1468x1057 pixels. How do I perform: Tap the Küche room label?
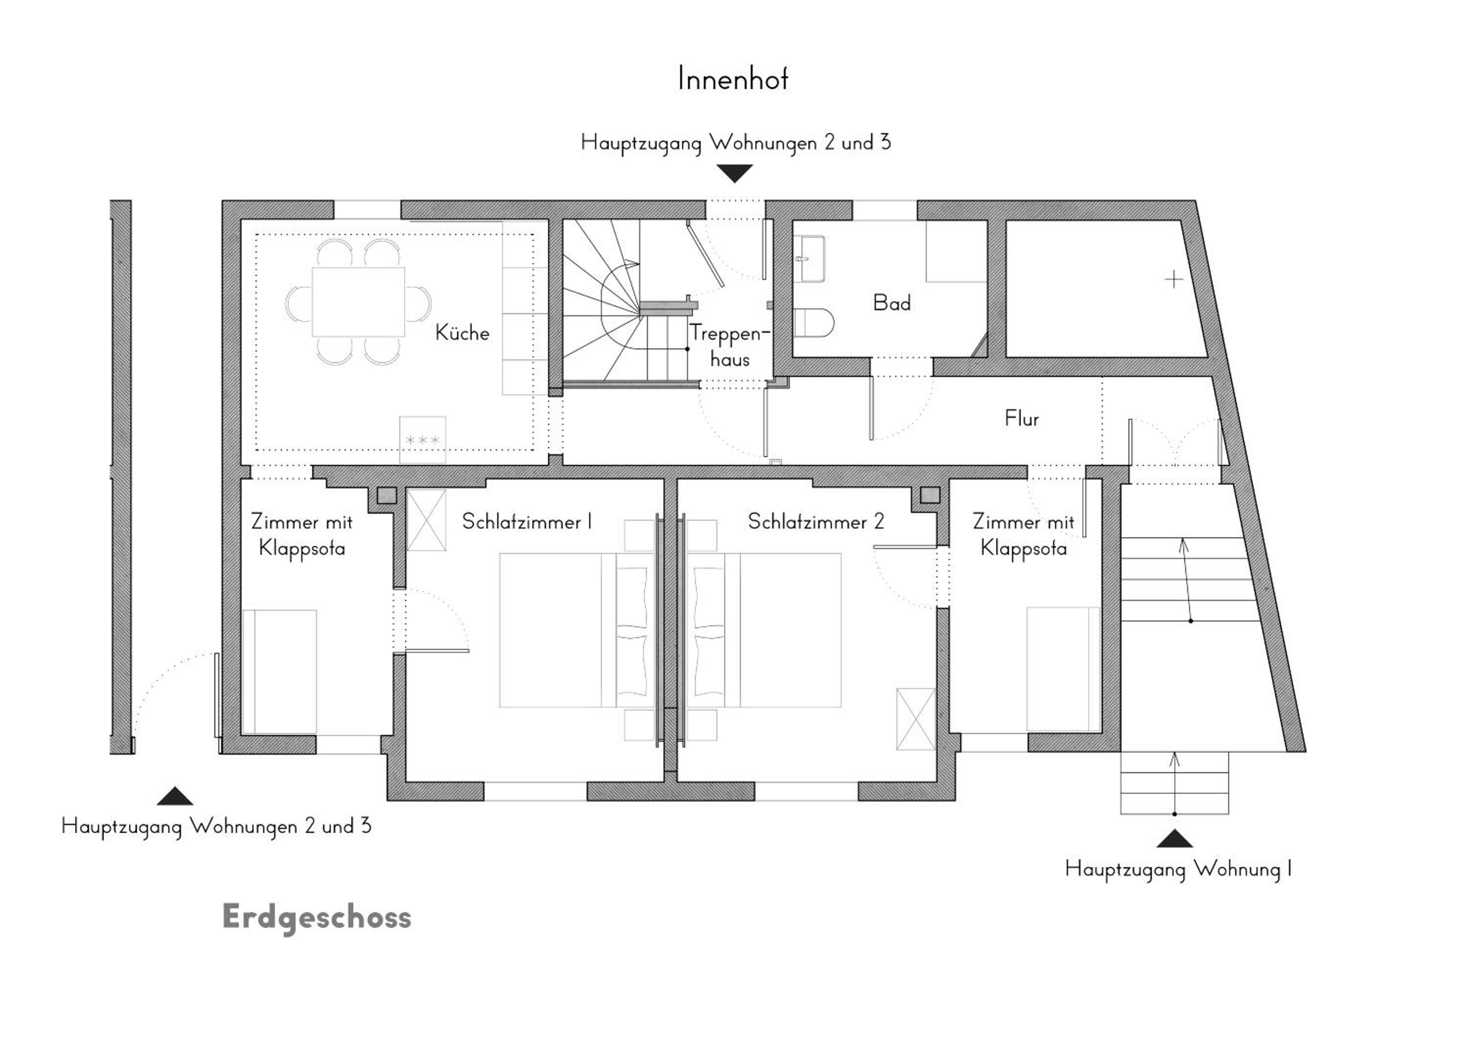point(462,333)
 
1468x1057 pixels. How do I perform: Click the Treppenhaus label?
point(730,345)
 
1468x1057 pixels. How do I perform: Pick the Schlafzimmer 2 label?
point(816,522)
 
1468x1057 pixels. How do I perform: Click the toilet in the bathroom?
point(814,322)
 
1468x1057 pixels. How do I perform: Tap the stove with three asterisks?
point(423,439)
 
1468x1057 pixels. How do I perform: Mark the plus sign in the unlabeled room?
point(1174,279)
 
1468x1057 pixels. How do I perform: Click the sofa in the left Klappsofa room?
point(279,671)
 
